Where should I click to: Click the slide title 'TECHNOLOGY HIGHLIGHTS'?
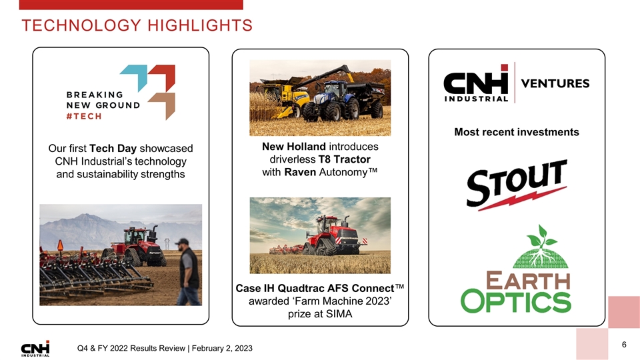point(137,26)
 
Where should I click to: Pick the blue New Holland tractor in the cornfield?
point(337,101)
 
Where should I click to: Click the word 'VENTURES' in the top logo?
point(555,84)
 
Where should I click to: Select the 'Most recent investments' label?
point(516,132)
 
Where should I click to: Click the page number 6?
point(624,345)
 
